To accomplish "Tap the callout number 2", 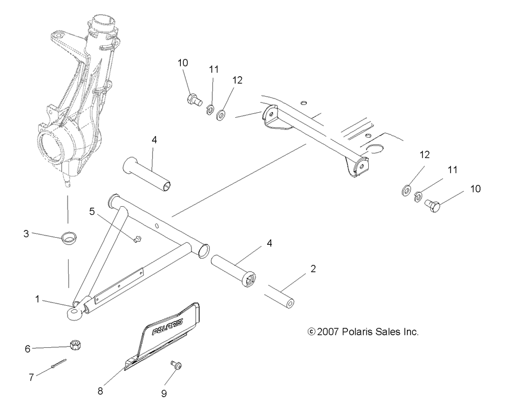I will click(313, 269).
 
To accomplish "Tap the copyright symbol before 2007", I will click(312, 332).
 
